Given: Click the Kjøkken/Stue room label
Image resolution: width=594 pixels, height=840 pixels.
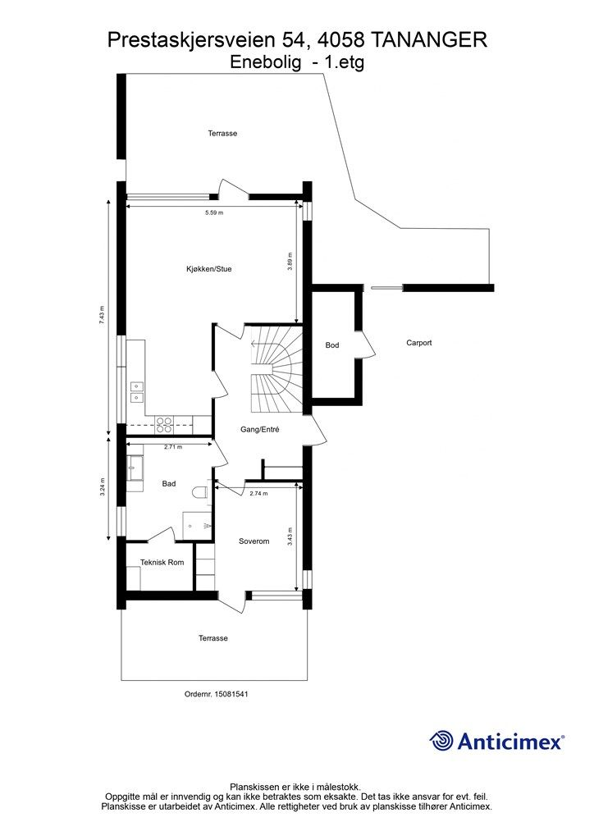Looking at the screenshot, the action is tap(209, 269).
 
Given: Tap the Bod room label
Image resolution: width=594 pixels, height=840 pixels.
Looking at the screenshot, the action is tap(332, 345).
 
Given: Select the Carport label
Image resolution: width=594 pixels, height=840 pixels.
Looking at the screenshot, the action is tap(419, 343).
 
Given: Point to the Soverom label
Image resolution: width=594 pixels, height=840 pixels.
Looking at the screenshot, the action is tap(254, 541).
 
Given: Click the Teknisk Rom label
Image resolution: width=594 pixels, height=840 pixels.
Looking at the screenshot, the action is tap(162, 562).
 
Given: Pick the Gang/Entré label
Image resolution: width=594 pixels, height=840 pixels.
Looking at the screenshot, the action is tap(260, 430).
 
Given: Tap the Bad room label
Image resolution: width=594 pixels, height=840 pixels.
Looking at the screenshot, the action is tap(169, 484).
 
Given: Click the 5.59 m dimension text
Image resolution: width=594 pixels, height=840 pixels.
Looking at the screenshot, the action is tap(214, 212).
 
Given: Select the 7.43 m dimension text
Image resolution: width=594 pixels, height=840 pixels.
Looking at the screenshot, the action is tap(102, 316).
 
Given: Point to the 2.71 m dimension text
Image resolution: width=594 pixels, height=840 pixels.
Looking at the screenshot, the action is tap(173, 447).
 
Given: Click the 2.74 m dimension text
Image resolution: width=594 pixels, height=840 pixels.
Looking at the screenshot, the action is tap(258, 493).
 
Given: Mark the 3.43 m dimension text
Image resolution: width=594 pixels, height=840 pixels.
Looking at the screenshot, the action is tap(290, 536).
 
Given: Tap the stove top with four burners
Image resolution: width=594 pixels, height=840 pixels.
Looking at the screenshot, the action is tap(164, 425).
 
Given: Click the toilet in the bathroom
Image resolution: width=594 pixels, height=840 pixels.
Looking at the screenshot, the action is tap(202, 493).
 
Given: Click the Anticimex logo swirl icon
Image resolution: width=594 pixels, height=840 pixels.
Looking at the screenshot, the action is tap(442, 742).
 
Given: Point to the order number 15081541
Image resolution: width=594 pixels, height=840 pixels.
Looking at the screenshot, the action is tap(231, 694).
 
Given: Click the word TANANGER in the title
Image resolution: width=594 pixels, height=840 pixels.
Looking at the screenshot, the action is tap(428, 40).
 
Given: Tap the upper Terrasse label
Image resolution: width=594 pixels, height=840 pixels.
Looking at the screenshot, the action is tap(222, 134).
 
